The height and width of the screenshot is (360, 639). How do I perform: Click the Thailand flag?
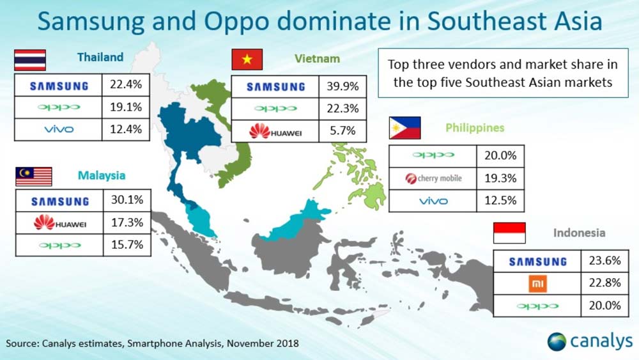30,60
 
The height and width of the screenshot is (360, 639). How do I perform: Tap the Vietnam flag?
247,59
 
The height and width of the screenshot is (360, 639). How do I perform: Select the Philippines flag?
404,128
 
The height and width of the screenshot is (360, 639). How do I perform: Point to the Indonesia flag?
509,233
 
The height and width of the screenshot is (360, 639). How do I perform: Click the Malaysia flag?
34,176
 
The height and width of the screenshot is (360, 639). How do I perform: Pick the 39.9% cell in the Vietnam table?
343,86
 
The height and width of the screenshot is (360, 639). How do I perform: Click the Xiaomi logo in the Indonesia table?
537,284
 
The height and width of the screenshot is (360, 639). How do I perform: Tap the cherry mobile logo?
433,178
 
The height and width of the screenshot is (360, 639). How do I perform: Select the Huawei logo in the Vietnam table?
275,131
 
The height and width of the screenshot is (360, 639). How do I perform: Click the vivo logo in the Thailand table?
59,130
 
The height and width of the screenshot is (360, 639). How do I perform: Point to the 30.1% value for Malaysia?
127,200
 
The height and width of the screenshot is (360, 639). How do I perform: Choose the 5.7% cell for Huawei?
343,131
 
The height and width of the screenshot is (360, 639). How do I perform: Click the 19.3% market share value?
500,178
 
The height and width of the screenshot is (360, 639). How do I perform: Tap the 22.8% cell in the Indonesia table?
604,283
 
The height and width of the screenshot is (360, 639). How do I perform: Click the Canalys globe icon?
557,341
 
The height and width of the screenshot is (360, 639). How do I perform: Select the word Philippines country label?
475,128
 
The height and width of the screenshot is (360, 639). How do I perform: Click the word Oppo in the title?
238,22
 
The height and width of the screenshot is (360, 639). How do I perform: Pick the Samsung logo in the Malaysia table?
60,201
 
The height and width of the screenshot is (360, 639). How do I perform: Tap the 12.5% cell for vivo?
500,201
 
